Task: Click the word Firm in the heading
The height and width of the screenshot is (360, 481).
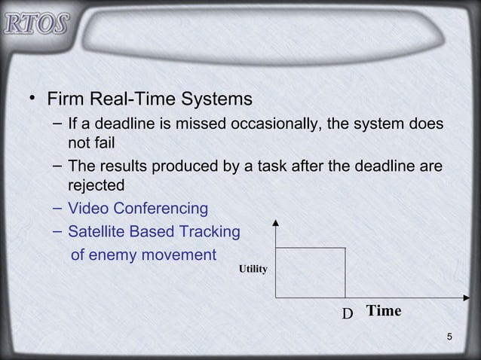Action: click(65, 100)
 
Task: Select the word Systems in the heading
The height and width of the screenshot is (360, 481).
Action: click(214, 100)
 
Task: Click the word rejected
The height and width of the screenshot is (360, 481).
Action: click(97, 185)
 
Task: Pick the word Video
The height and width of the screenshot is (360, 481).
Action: click(87, 207)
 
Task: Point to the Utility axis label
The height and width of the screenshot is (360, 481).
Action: click(253, 269)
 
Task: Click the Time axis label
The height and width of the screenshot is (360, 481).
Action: click(384, 311)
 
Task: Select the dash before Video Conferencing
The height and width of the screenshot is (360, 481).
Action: click(57, 207)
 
